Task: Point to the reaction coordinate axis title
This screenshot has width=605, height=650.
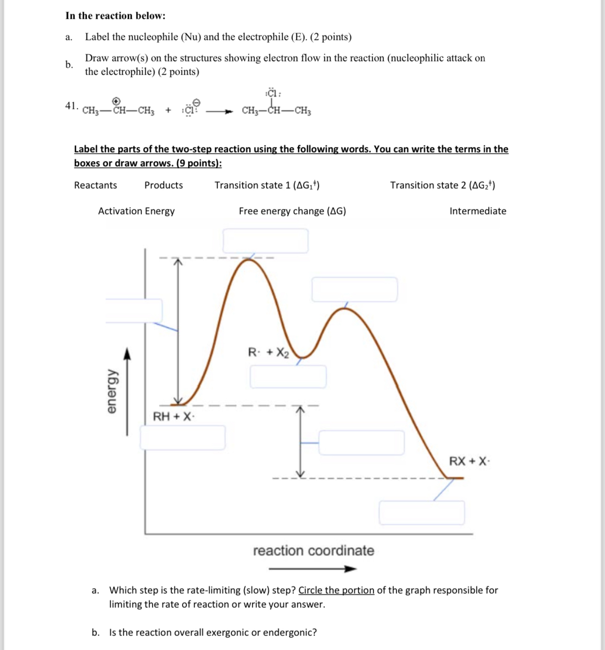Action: pyautogui.click(x=313, y=551)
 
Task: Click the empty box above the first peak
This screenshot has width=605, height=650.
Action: pyautogui.click(x=265, y=241)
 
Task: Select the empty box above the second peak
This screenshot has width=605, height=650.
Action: pyautogui.click(x=355, y=289)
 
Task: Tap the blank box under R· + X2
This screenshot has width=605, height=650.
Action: pyautogui.click(x=288, y=377)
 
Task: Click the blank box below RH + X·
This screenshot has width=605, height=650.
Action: pyautogui.click(x=182, y=437)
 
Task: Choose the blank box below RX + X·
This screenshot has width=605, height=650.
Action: pyautogui.click(x=422, y=512)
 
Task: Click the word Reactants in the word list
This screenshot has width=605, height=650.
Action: pyautogui.click(x=95, y=185)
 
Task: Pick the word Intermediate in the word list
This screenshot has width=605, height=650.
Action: pyautogui.click(x=477, y=211)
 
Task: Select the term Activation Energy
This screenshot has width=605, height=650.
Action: pyautogui.click(x=136, y=211)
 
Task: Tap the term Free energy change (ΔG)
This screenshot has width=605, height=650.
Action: pyautogui.click(x=292, y=211)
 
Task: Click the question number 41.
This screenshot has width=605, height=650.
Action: pyautogui.click(x=71, y=106)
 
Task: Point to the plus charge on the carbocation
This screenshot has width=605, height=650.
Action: pyautogui.click(x=116, y=101)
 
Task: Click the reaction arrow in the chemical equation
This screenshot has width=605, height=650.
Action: pyautogui.click(x=219, y=111)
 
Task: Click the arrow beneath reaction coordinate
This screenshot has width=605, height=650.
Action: pyautogui.click(x=312, y=569)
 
